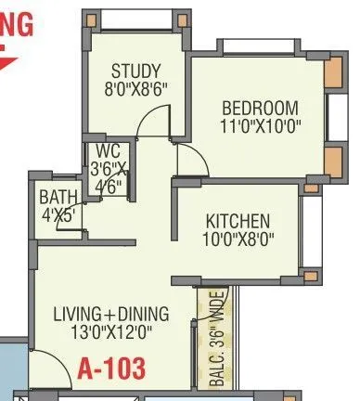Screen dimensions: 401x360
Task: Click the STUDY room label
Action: click(x=136, y=71)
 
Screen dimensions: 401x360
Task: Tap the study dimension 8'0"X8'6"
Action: click(x=136, y=90)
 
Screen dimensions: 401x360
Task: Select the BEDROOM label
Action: click(x=261, y=107)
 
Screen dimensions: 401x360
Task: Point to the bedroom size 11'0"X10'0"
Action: click(x=261, y=125)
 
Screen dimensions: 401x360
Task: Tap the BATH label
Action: click(x=57, y=197)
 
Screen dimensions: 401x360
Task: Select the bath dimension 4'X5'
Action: click(x=57, y=214)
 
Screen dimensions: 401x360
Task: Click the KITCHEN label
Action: click(x=238, y=222)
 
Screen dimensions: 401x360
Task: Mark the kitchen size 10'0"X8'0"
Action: click(x=238, y=240)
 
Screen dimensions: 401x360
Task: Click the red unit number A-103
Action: click(x=111, y=369)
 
